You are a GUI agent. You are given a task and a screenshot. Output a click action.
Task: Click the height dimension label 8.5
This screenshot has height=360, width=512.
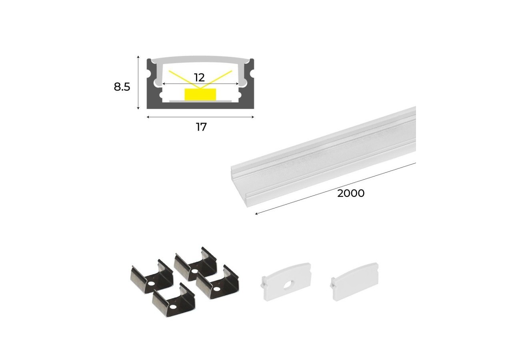point(122,86)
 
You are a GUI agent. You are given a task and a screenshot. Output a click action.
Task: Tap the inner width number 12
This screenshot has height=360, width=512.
point(199,77)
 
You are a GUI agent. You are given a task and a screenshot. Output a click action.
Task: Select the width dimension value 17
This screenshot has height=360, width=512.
point(201,127)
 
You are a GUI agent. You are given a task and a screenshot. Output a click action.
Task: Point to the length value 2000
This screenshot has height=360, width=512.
point(351,193)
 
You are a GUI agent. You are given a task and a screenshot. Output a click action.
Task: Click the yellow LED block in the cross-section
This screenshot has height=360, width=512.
point(200,94)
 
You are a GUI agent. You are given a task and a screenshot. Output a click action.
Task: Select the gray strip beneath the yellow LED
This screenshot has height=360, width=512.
point(200,101)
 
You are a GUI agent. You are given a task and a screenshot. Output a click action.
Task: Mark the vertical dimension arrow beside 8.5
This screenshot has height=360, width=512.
point(138,82)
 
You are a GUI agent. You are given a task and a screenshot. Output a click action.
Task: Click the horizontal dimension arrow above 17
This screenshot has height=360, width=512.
point(200,117)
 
